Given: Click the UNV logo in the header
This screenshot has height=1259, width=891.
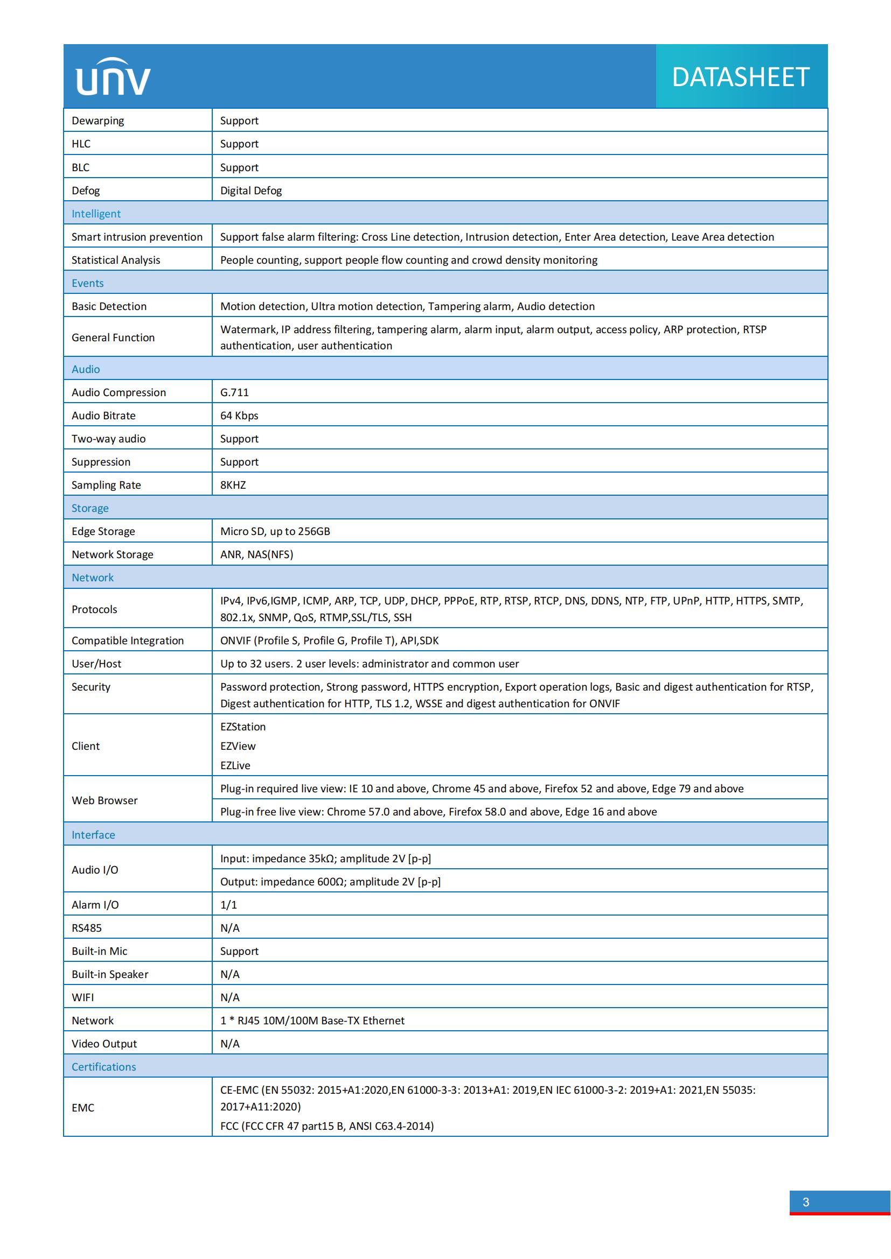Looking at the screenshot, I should click(113, 77).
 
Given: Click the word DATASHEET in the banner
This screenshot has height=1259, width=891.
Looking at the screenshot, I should click(740, 78).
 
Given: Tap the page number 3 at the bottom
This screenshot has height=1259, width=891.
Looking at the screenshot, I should click(805, 1202).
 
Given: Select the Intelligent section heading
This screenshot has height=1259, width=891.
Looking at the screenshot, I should click(96, 214).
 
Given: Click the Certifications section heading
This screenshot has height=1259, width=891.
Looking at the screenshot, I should click(103, 1066).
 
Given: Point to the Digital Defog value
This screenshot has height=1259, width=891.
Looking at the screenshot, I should click(250, 191).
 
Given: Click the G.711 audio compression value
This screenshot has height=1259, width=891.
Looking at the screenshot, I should click(234, 392).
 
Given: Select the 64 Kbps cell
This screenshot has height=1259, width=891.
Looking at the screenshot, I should click(239, 416).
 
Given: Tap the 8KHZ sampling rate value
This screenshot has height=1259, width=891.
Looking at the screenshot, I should click(233, 486).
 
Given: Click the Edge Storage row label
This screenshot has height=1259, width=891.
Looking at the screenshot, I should click(103, 531).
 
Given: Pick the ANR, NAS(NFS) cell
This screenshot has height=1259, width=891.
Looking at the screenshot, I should click(257, 554).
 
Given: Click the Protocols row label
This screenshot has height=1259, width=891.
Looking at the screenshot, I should click(94, 609).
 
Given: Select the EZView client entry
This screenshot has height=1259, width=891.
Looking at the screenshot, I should click(238, 746).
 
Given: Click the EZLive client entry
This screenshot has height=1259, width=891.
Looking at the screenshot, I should click(235, 765).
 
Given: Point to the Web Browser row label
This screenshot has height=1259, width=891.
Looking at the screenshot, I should click(105, 800).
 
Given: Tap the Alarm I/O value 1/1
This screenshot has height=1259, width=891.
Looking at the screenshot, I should click(229, 905).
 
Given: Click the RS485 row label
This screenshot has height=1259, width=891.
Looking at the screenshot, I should click(87, 928).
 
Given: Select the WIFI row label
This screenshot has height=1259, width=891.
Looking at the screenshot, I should click(83, 997).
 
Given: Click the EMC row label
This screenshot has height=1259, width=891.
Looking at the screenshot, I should click(83, 1108).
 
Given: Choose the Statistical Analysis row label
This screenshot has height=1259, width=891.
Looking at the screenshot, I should click(116, 261).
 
